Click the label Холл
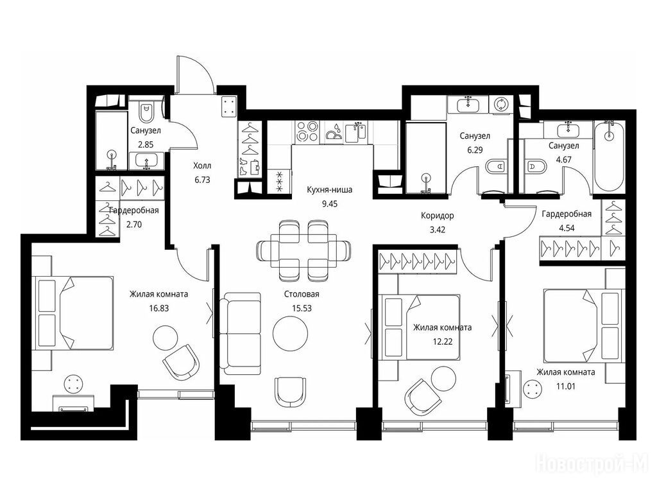point(202,166)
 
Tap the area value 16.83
point(159,308)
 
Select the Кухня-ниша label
point(329,190)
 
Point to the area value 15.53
point(302,308)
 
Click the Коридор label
point(438,216)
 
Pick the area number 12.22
point(443,342)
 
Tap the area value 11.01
point(565,386)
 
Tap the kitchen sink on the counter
point(355,132)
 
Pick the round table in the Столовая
point(290,334)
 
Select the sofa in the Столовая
point(240,334)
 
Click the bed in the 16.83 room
point(73,313)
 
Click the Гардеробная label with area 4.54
point(567,214)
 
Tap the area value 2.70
point(134,224)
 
